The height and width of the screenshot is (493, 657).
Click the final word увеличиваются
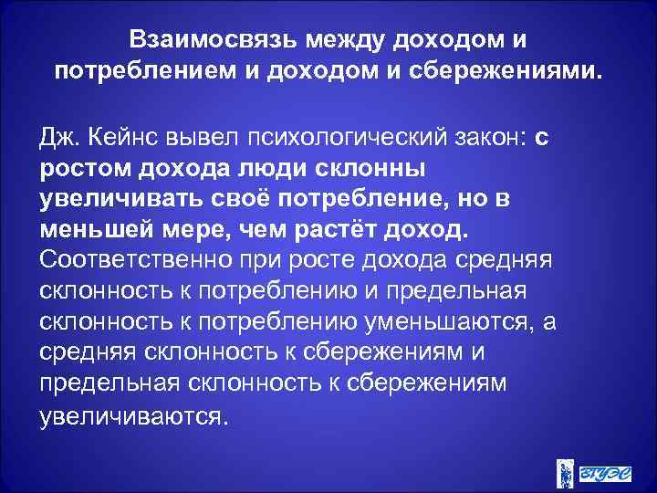[130, 416]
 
